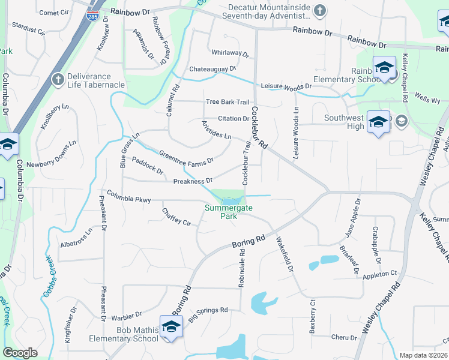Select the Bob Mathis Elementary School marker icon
(171, 326)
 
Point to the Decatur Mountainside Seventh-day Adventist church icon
(320, 10)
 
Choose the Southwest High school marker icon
(378, 122)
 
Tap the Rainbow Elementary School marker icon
(384, 68)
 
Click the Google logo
(20, 353)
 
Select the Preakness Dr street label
(193, 181)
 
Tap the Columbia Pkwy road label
(129, 196)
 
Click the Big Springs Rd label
(208, 313)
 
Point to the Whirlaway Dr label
(229, 53)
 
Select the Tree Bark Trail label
(227, 102)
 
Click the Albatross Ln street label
(76, 239)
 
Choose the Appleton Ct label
(380, 274)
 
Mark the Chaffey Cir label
(176, 216)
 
